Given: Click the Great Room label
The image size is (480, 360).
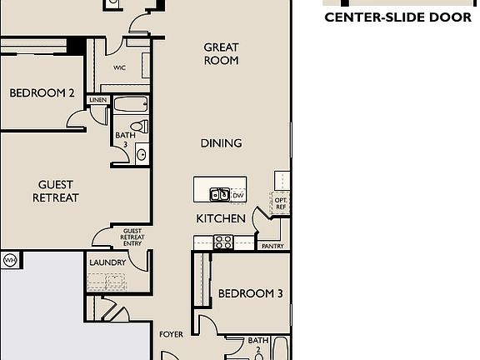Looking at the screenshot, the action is (221, 54).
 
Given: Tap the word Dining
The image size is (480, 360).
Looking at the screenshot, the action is (221, 143).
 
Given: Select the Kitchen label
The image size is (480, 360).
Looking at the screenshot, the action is (221, 218).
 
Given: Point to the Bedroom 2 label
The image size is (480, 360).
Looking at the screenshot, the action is (42, 93).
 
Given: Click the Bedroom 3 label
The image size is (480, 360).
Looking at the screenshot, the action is (250, 293).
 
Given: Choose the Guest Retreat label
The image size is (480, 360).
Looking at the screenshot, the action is (56, 192).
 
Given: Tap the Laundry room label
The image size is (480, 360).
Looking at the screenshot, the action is (107, 262).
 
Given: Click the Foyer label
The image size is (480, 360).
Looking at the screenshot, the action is (171, 334).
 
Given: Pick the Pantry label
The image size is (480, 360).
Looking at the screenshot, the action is (272, 246).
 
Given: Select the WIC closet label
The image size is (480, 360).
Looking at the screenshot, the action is (119, 67).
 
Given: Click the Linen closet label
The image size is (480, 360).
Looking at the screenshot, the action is (98, 100).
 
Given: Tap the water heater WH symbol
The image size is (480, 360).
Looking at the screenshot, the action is (10, 261).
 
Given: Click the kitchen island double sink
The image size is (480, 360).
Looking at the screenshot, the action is (219, 194).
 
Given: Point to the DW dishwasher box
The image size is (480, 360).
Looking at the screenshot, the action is (238, 195).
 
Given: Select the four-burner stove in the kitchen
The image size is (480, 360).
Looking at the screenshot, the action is (223, 242).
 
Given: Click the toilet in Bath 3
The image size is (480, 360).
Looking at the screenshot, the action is (140, 126).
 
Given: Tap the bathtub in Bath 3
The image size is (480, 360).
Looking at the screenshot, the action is (131, 105).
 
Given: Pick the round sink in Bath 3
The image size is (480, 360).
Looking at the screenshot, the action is (141, 154).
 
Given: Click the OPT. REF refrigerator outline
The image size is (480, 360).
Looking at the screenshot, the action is (280, 203).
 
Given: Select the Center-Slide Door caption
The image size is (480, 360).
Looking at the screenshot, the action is (398, 17).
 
